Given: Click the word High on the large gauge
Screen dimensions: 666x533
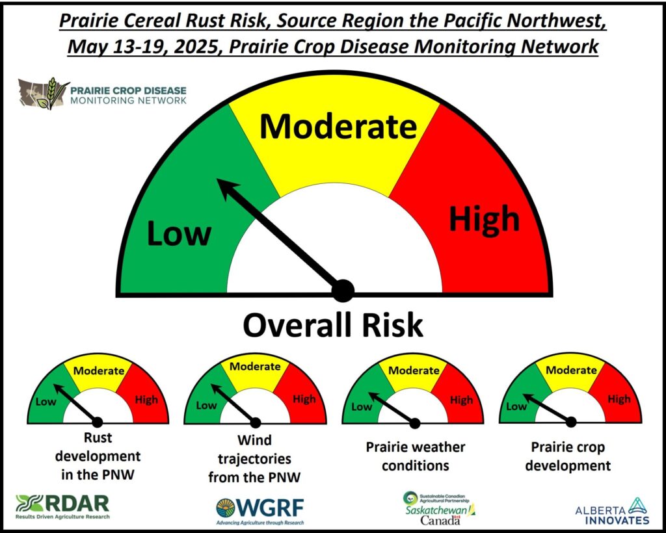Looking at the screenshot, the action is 484,218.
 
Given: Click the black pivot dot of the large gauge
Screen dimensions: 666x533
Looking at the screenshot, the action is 343,291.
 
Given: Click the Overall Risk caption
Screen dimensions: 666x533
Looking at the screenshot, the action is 333,326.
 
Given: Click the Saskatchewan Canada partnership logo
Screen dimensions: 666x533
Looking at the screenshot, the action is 439,508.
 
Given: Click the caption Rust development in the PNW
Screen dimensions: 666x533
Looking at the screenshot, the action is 98,456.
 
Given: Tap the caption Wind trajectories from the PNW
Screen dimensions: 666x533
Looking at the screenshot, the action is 254,459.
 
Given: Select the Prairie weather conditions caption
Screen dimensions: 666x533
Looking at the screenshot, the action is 416,456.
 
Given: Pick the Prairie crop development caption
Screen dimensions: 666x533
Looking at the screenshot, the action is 568,456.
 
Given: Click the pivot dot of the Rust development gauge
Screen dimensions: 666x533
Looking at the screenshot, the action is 98,422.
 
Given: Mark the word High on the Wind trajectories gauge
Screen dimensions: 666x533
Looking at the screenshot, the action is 304,399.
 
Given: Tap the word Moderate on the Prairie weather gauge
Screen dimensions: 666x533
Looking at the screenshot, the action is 414,370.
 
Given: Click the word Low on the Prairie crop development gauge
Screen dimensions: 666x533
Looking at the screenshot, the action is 516,406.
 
